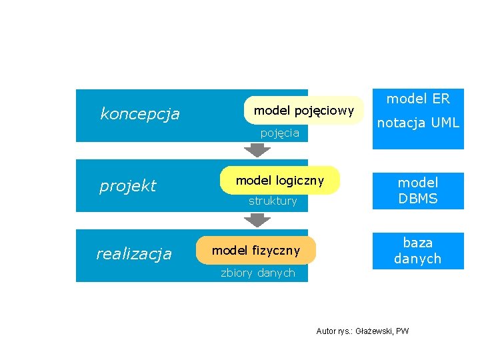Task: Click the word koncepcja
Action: (139, 114)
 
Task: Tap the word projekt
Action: (127, 185)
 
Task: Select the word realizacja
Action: (133, 253)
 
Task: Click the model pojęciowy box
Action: (304, 111)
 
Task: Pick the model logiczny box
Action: (280, 181)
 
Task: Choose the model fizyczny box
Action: (256, 250)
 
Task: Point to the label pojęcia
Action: (279, 133)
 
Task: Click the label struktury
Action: (273, 201)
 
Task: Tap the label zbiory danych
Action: (257, 273)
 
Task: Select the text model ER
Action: (418, 99)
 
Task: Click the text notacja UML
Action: (418, 123)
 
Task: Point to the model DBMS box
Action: (417, 191)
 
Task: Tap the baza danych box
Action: (417, 251)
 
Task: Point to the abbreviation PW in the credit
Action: (403, 331)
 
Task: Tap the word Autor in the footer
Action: (326, 331)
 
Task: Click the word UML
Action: (445, 123)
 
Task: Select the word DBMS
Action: (418, 199)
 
